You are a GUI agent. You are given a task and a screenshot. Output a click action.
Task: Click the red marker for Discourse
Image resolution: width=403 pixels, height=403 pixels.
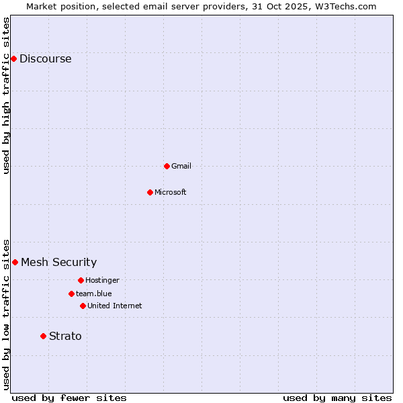[x=13, y=58]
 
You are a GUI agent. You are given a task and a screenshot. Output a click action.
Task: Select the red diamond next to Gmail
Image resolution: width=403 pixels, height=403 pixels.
[x=167, y=166]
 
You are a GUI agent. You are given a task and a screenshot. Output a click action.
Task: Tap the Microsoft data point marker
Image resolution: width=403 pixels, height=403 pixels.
[x=150, y=192]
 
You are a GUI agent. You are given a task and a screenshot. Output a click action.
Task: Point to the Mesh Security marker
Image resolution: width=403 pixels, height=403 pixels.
[x=15, y=262]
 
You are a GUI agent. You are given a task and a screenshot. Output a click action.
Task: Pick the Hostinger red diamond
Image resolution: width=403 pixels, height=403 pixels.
[x=81, y=280]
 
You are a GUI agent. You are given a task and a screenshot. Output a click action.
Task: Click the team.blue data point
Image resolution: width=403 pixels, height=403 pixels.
[x=71, y=294]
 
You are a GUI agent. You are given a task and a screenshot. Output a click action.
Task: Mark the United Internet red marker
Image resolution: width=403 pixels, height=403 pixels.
[x=83, y=306]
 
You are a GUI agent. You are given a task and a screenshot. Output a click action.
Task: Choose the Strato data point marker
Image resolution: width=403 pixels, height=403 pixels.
[x=43, y=336]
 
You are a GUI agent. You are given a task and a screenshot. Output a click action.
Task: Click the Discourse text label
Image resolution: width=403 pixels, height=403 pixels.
[x=45, y=59]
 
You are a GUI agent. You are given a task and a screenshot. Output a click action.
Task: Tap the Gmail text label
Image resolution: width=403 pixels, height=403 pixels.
[x=181, y=166]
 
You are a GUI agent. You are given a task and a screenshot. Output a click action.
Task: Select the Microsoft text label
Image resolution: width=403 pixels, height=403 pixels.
[x=171, y=192]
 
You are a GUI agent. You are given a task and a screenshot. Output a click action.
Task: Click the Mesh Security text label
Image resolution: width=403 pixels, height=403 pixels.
[x=58, y=263]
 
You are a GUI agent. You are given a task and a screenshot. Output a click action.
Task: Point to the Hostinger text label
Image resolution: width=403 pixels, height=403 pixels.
[x=102, y=280]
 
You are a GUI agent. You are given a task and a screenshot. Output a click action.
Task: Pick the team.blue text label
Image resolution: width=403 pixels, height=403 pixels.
[x=94, y=294]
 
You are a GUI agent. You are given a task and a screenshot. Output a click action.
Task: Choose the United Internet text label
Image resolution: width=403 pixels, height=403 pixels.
[x=115, y=306]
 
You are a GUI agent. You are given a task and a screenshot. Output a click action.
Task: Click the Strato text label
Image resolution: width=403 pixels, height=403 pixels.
[x=65, y=336]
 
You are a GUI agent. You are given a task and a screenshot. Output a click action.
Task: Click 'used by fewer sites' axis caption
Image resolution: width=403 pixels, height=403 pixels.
[x=69, y=398]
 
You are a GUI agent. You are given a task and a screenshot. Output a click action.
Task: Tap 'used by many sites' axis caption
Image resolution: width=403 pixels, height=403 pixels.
[x=337, y=398]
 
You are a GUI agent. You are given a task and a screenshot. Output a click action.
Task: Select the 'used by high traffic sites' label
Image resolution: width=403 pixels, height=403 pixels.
[x=6, y=95]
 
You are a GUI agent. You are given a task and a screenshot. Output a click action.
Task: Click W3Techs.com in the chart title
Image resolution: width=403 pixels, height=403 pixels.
[x=343, y=6]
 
